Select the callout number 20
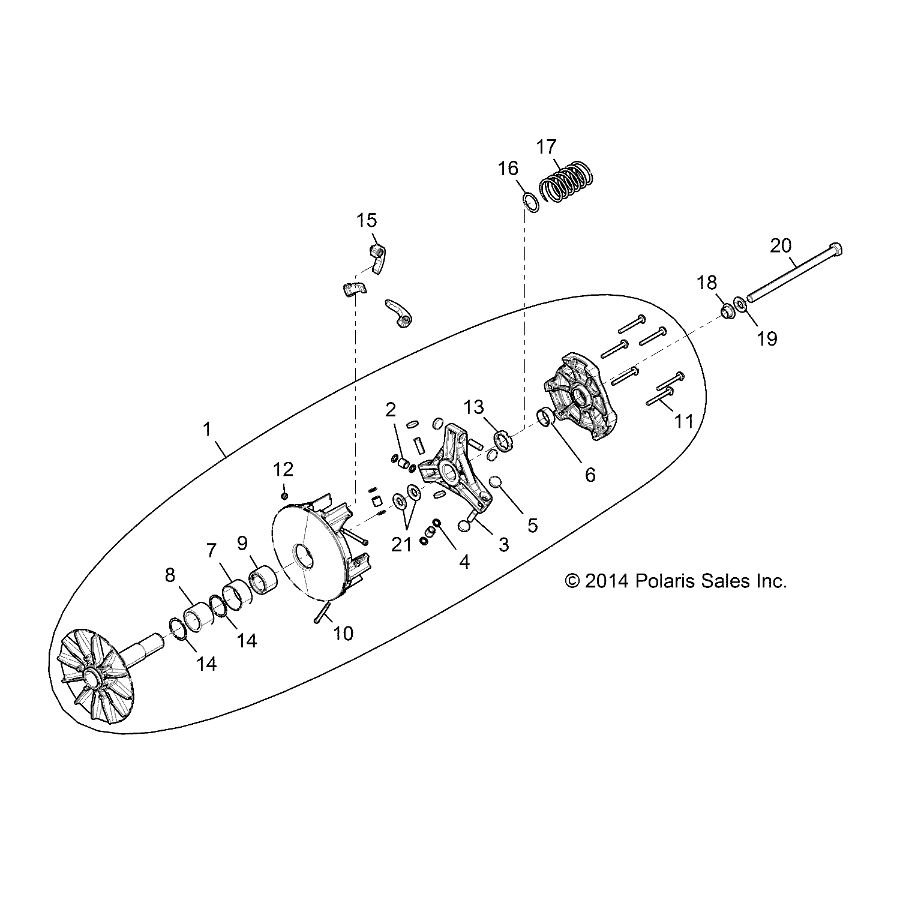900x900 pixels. (x=781, y=246)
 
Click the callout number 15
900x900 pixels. (x=367, y=220)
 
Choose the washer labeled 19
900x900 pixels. (x=740, y=305)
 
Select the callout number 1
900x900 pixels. (x=207, y=430)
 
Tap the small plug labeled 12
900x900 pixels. (x=284, y=495)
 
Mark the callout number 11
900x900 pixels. (x=683, y=421)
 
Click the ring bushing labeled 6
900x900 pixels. (x=545, y=416)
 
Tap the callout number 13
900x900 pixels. (x=473, y=407)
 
